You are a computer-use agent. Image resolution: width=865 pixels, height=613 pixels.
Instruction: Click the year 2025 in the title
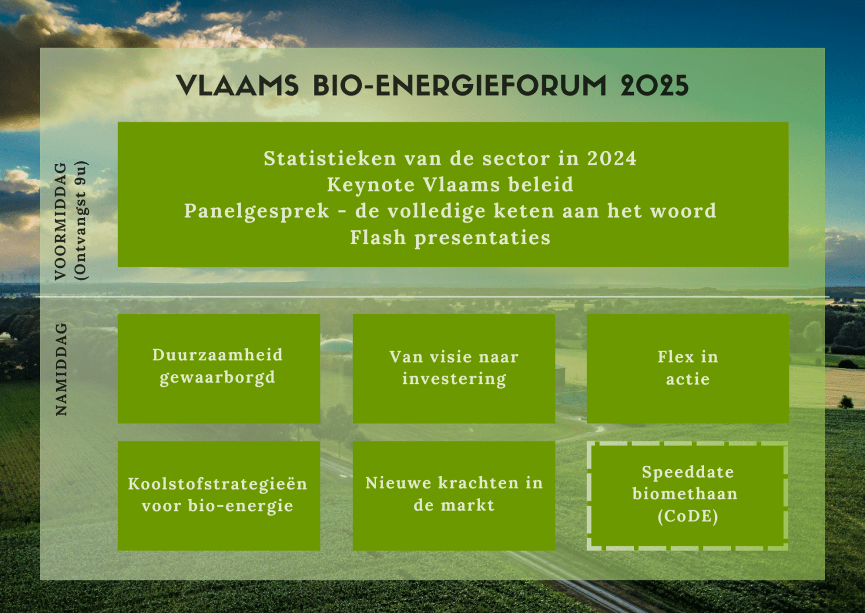[654, 85]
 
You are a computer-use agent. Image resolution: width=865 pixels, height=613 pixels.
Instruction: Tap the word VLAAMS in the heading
[237, 85]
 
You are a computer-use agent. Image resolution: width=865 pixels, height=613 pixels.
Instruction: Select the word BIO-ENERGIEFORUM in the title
[460, 85]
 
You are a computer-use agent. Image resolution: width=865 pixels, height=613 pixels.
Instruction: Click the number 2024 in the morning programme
[612, 158]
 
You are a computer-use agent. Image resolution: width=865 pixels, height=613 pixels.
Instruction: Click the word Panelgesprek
[257, 212]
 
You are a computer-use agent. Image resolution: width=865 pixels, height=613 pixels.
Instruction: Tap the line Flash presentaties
[450, 238]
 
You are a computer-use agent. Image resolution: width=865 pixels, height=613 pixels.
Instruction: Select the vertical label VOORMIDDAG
[60, 222]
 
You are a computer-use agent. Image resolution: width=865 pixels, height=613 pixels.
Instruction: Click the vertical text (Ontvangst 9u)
[82, 221]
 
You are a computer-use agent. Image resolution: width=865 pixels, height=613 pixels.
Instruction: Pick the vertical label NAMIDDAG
[60, 369]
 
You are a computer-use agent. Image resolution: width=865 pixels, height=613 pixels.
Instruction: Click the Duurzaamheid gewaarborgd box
[218, 368]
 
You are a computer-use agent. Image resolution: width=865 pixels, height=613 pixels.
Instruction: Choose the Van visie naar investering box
[454, 368]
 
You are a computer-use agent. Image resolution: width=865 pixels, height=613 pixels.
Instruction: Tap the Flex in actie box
[688, 368]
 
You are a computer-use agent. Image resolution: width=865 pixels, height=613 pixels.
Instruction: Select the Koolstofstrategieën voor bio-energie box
[218, 496]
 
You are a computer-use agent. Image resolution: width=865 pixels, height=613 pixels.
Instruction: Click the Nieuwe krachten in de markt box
[454, 496]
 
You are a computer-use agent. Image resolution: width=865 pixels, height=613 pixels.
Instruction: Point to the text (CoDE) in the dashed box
[688, 517]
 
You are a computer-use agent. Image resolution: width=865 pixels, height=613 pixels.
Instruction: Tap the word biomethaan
[685, 494]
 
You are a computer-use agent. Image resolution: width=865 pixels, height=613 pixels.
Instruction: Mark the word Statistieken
[330, 158]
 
